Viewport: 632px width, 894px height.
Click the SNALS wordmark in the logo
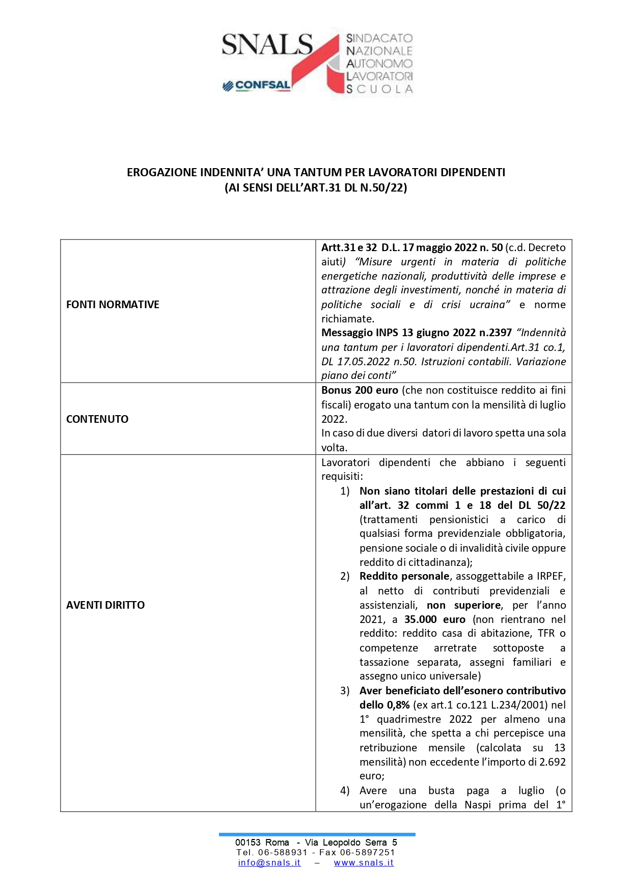[x=267, y=45]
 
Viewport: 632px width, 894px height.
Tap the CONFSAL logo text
[x=262, y=86]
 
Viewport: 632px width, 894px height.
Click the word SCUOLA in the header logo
[x=379, y=89]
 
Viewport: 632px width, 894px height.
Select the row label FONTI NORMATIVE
[x=113, y=305]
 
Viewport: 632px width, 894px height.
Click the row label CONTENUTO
[x=97, y=419]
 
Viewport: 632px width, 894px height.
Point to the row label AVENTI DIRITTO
[x=105, y=605]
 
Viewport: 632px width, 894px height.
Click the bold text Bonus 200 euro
[x=360, y=391]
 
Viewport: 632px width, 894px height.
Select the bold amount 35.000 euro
[x=435, y=619]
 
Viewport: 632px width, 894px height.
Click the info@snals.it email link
[x=269, y=862]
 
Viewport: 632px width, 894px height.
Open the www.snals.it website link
[x=364, y=862]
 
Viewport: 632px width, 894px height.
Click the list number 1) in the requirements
[x=345, y=491]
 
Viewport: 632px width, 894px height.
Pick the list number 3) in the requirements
[x=345, y=691]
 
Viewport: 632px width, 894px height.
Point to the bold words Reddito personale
[x=404, y=576]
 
